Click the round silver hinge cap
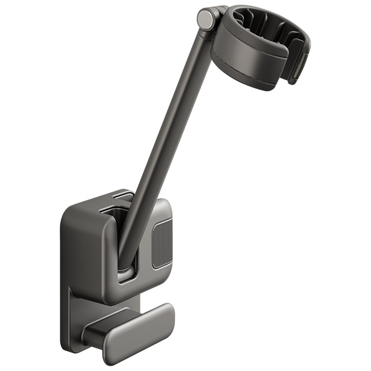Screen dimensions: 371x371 pyautogui.click(x=205, y=18)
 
